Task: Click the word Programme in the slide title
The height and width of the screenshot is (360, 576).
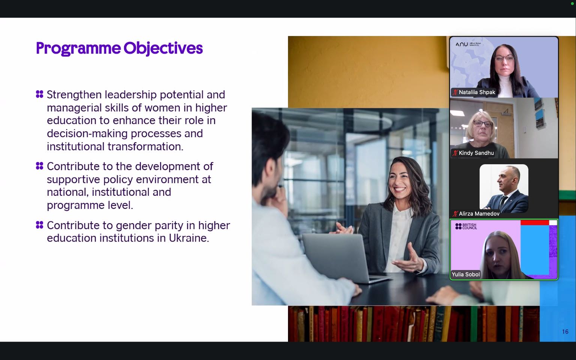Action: [78, 48]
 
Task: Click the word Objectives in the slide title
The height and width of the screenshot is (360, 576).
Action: [163, 48]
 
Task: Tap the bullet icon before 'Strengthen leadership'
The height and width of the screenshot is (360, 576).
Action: [40, 94]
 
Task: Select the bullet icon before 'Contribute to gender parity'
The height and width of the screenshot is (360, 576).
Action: [40, 225]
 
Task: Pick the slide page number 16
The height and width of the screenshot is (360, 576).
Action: [565, 332]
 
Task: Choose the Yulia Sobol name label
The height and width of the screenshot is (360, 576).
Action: [466, 274]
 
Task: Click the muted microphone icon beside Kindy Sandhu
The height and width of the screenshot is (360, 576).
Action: [455, 153]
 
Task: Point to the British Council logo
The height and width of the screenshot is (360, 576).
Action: [466, 226]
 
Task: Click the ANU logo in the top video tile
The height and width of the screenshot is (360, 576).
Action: [468, 44]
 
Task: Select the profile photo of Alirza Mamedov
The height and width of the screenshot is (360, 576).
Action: [504, 189]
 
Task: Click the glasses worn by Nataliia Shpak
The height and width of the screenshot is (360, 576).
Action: [504, 58]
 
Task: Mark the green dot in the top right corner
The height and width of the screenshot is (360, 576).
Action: [572, 4]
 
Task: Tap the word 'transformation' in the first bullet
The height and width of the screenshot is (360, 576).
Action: [145, 147]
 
